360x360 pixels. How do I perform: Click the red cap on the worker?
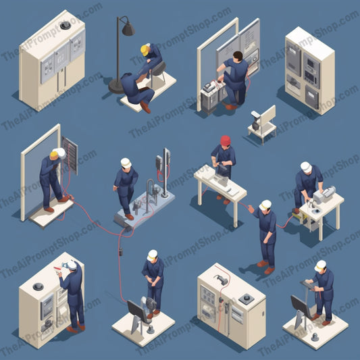coord(226,140)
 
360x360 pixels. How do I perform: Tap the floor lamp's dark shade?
coord(128,29)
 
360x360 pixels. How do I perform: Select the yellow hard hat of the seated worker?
coord(145,50)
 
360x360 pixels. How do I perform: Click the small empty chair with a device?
coord(263,124)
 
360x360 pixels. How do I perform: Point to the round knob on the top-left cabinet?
coord(66,25)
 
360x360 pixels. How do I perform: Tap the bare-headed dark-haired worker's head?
coord(238,56)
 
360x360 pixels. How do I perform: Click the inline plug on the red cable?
coord(121,252)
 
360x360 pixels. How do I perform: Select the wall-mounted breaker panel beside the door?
coord(70,155)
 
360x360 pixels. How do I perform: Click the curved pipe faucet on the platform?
coord(151,193)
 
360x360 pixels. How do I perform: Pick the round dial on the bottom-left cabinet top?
coord(38,286)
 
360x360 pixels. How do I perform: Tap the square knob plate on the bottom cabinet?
coord(247,299)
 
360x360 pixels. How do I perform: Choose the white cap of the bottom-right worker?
coord(320,265)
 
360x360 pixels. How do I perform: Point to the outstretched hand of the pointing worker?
coord(251,209)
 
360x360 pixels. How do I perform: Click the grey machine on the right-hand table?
coord(324,195)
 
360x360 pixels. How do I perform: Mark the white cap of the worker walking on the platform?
coord(126,163)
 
